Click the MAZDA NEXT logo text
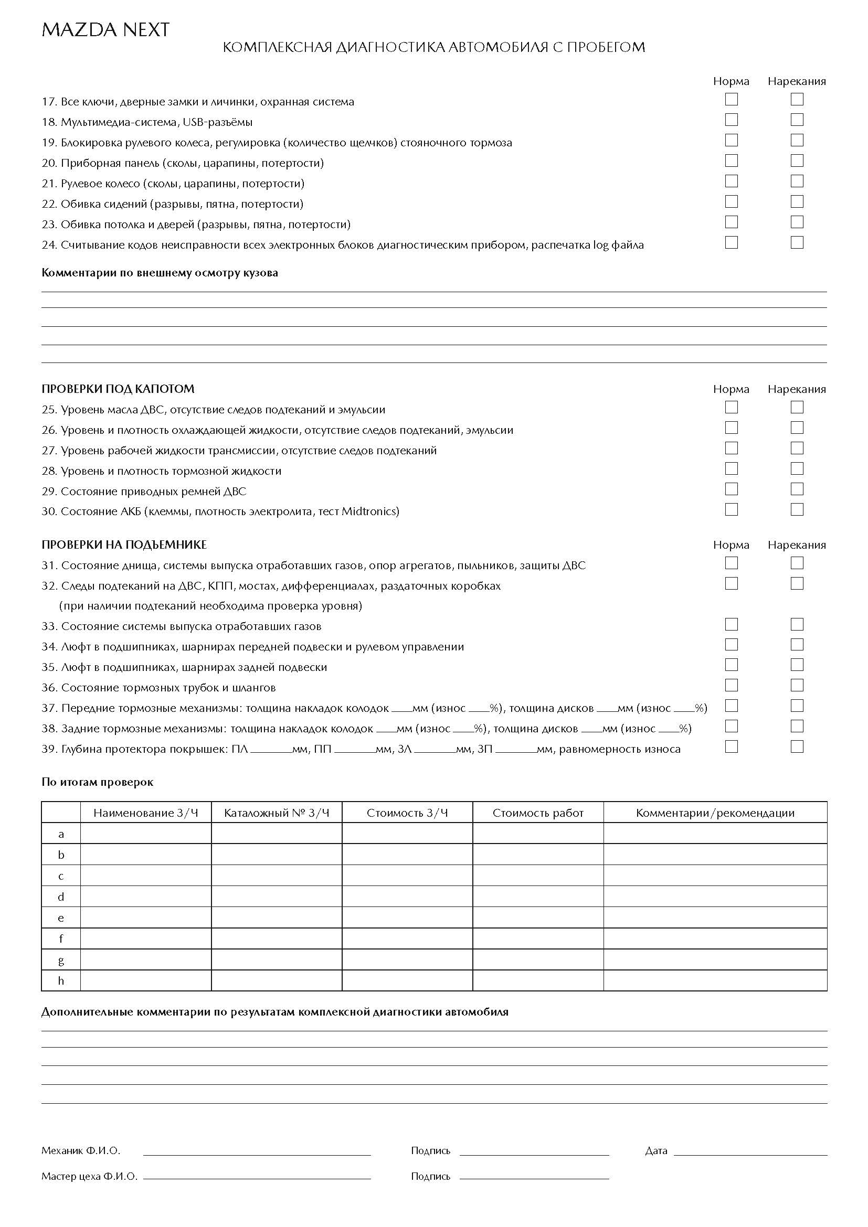tap(105, 30)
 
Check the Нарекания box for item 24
tap(797, 243)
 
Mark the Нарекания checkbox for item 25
tap(797, 407)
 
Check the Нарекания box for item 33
tap(797, 624)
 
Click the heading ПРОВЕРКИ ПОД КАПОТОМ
tap(118, 389)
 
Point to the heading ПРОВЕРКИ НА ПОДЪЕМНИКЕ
tap(124, 545)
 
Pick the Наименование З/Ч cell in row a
tap(145, 834)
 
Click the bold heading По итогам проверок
tap(97, 782)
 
